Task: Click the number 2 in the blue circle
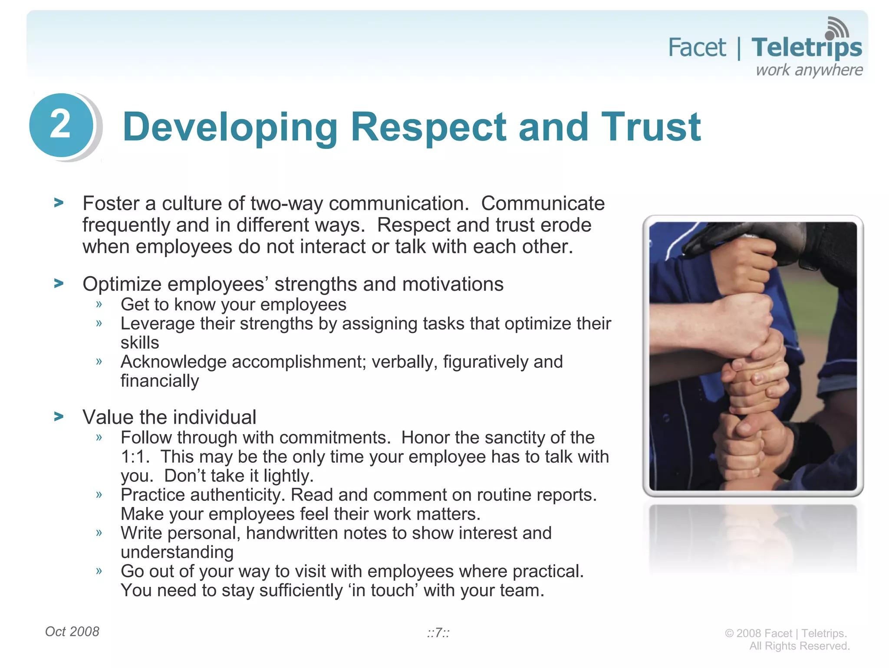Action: (x=60, y=125)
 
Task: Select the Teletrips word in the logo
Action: (x=807, y=48)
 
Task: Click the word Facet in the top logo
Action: (x=697, y=48)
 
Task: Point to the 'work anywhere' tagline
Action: (x=809, y=70)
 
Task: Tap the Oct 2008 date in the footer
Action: (x=72, y=632)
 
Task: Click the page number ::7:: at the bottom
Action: (x=438, y=633)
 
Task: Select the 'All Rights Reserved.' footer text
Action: (x=799, y=646)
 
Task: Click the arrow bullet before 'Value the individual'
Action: (x=59, y=417)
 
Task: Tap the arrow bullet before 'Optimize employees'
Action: (x=59, y=283)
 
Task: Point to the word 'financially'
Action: (x=160, y=381)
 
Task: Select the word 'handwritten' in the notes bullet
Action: (x=292, y=533)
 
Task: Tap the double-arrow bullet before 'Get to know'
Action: (x=99, y=304)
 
